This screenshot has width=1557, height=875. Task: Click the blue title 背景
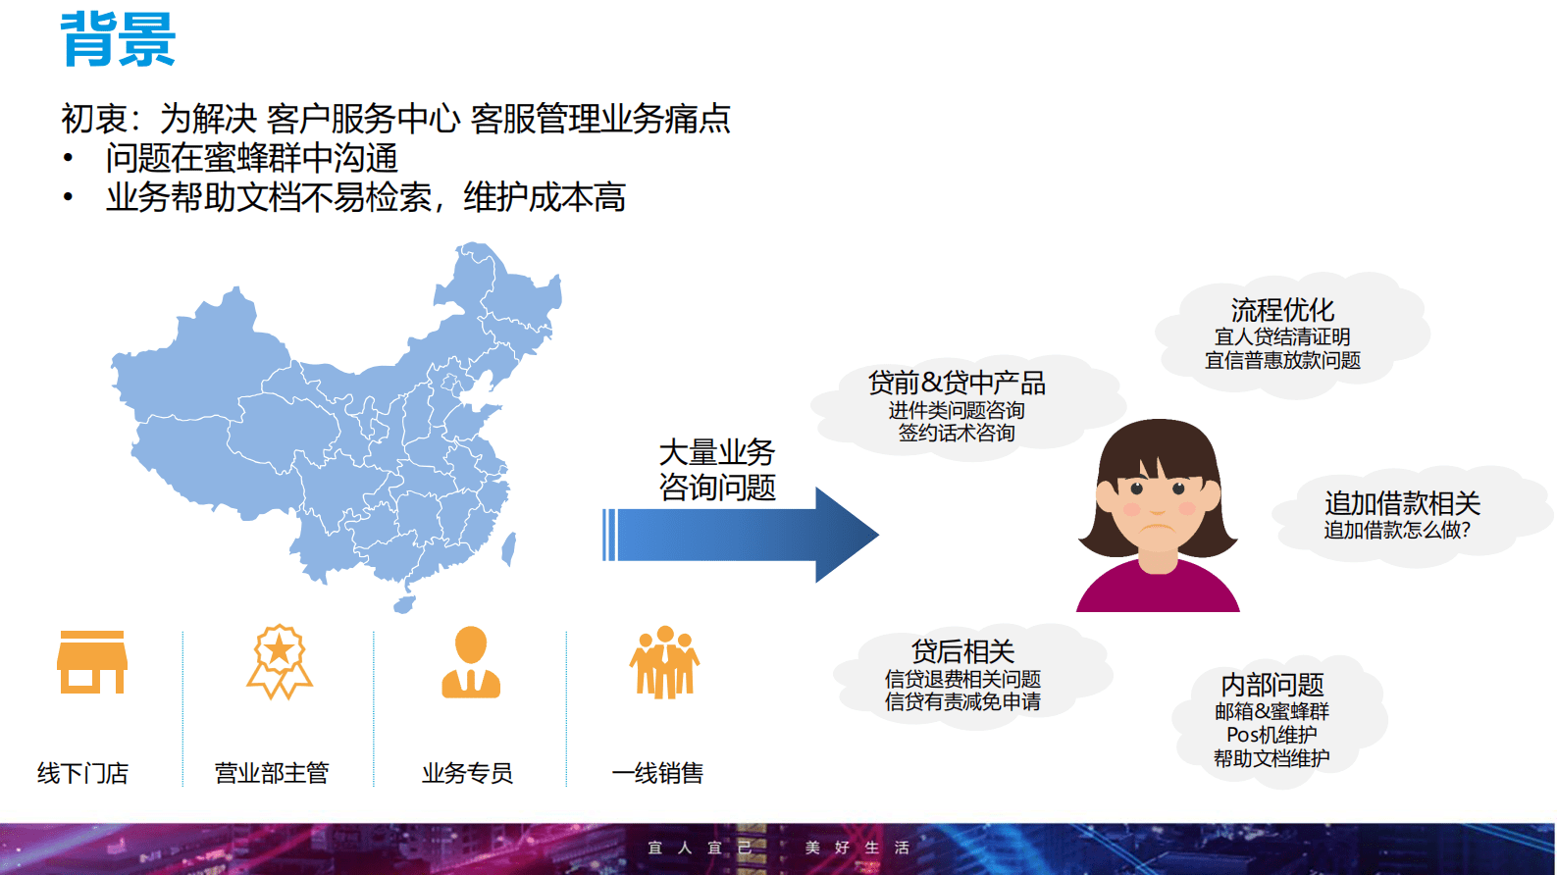tap(118, 39)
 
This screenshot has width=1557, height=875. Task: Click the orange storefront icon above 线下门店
tap(92, 662)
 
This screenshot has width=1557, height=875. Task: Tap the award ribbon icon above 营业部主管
tap(280, 662)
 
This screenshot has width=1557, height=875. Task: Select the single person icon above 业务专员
tap(471, 662)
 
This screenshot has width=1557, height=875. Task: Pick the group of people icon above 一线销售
tap(664, 662)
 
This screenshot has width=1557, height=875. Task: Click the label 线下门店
tap(83, 773)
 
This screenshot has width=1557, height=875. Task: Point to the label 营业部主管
tap(272, 773)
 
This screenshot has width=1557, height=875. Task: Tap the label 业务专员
tap(467, 773)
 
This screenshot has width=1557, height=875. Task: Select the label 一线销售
tap(657, 773)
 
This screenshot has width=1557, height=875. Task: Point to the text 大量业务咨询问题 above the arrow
tap(717, 470)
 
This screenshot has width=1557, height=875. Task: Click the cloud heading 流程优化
tap(1282, 310)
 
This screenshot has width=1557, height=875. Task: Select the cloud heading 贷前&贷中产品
tap(957, 383)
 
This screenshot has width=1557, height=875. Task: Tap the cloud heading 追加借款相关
tap(1402, 503)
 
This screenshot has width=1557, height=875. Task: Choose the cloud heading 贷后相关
tap(962, 651)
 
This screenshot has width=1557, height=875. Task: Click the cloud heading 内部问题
tap(1272, 684)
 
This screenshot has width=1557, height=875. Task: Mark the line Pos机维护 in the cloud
tap(1272, 735)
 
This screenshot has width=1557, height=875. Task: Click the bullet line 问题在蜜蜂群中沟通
tap(252, 158)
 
